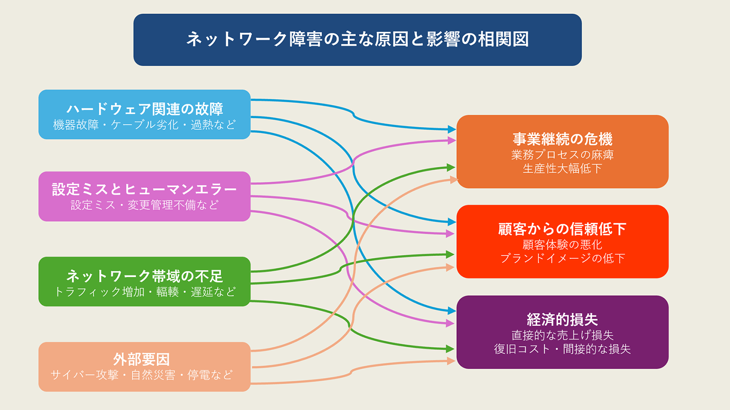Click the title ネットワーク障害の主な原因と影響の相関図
(x=358, y=39)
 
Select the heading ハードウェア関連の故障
(x=145, y=109)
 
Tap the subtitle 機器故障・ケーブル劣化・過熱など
(x=144, y=125)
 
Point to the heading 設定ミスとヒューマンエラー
(x=144, y=189)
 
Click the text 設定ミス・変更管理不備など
(x=144, y=205)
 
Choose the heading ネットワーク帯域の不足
(x=145, y=276)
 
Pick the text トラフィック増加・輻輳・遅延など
(x=144, y=292)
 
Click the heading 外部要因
(x=141, y=359)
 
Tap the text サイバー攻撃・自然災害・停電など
(x=142, y=375)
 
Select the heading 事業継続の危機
(x=563, y=139)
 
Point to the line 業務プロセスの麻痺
(x=563, y=155)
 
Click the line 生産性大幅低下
(x=563, y=169)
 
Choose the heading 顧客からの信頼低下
(x=563, y=229)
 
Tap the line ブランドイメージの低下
(x=563, y=258)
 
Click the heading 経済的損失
(x=563, y=319)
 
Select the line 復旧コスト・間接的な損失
(x=563, y=349)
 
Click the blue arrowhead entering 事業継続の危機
(x=452, y=129)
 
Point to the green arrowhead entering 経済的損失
(x=450, y=349)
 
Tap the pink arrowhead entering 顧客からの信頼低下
(x=450, y=233)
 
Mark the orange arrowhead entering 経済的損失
(x=451, y=361)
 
